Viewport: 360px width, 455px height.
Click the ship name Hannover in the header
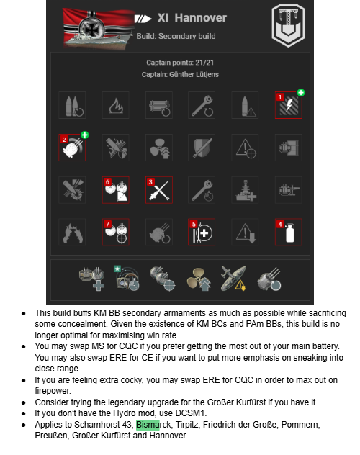[200, 18]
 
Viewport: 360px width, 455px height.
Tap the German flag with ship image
[99, 28]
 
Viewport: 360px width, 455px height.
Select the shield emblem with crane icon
[288, 25]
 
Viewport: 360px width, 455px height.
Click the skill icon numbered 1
[288, 105]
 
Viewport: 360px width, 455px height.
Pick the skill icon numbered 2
[72, 148]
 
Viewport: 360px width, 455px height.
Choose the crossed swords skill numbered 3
[159, 190]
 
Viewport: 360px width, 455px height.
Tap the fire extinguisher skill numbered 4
[288, 232]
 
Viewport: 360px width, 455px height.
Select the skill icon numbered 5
[202, 232]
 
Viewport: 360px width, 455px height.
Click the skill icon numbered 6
[115, 190]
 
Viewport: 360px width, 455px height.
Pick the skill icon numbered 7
[115, 232]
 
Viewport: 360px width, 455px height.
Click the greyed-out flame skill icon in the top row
[115, 105]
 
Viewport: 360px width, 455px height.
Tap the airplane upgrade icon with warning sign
[233, 279]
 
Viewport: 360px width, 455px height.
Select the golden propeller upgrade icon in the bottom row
[199, 279]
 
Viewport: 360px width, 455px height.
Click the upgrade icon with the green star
[127, 278]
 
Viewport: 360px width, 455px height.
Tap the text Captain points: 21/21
[180, 63]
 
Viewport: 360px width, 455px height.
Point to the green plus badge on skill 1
[301, 93]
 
